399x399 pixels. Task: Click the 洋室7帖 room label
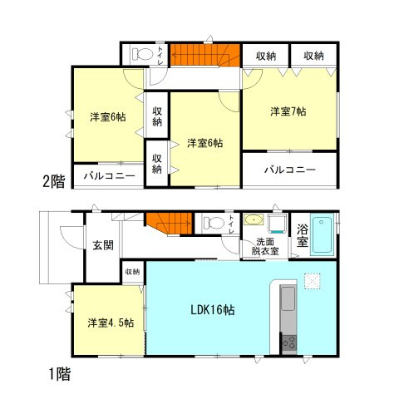[x=287, y=111]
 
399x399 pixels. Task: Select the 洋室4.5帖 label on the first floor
[x=106, y=323]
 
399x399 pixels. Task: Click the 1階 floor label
[x=58, y=373]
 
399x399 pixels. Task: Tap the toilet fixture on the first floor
[x=215, y=222]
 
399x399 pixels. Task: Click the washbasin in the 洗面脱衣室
[x=254, y=221]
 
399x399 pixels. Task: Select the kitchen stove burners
[x=288, y=341]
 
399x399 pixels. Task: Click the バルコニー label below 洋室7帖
[x=289, y=169]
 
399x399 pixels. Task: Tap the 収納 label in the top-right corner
[x=313, y=56]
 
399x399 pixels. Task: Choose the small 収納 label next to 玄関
[x=132, y=271]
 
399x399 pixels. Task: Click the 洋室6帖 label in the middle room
[x=204, y=143]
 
